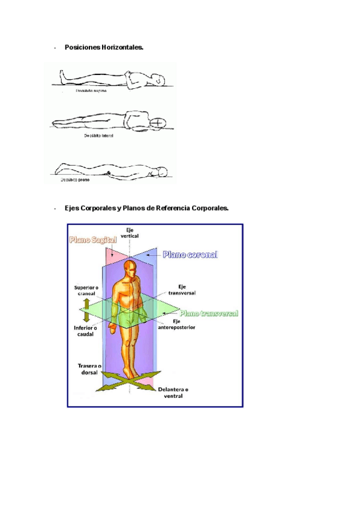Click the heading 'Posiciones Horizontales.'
tap(104, 47)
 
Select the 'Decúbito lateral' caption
tap(99, 136)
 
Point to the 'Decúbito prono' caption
tap(74, 179)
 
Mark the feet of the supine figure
tap(62, 75)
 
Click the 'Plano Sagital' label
tap(92, 240)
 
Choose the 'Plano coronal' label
tap(190, 254)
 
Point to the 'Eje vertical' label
tap(130, 233)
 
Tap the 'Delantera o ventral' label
tap(174, 393)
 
